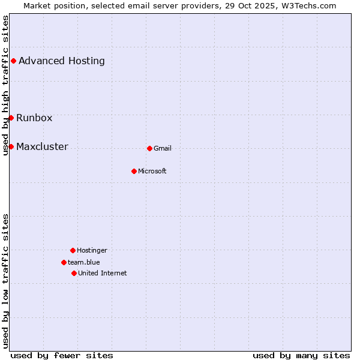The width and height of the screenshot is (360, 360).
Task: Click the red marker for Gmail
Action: pyautogui.click(x=149, y=148)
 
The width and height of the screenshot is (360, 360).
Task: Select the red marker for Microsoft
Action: pyautogui.click(x=134, y=171)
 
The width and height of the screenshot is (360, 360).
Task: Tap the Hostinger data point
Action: pyautogui.click(x=73, y=250)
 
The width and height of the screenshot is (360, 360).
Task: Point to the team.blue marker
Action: pyautogui.click(x=64, y=262)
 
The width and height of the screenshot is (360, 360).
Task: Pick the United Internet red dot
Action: pyautogui.click(x=74, y=273)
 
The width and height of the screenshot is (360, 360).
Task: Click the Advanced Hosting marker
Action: pyautogui.click(x=13, y=61)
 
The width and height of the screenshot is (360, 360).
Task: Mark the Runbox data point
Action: pyautogui.click(x=11, y=118)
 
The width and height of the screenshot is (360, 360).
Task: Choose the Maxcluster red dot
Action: pyautogui.click(x=11, y=146)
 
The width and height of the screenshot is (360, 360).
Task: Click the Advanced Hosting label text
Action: pyautogui.click(x=62, y=61)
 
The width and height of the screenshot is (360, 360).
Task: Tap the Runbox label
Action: pyautogui.click(x=34, y=118)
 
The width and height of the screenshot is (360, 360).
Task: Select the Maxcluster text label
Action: pyautogui.click(x=42, y=146)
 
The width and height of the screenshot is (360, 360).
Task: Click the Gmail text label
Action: pyautogui.click(x=163, y=148)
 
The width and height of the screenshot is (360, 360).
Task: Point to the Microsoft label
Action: pyautogui.click(x=152, y=171)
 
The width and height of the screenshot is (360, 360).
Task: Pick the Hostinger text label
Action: pyautogui.click(x=92, y=250)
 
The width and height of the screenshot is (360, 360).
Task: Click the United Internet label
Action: pyautogui.click(x=103, y=273)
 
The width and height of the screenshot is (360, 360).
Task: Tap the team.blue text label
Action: pyautogui.click(x=84, y=262)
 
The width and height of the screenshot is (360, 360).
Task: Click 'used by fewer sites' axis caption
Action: pyautogui.click(x=62, y=355)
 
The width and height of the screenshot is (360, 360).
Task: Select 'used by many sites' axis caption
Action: pyautogui.click(x=301, y=355)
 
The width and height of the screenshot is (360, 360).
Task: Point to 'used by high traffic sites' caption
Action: pyautogui.click(x=5, y=85)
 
